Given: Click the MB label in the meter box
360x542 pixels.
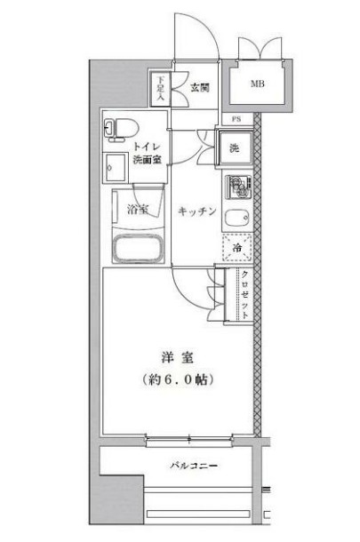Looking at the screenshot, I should (256, 84).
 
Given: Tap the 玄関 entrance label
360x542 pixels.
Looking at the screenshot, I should (199, 87).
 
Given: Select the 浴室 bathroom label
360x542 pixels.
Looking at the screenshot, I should (137, 211).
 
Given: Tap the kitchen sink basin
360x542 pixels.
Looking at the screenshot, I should (235, 219).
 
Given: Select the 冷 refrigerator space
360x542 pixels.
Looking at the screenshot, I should (236, 248).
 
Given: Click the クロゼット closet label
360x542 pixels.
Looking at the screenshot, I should (244, 293).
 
